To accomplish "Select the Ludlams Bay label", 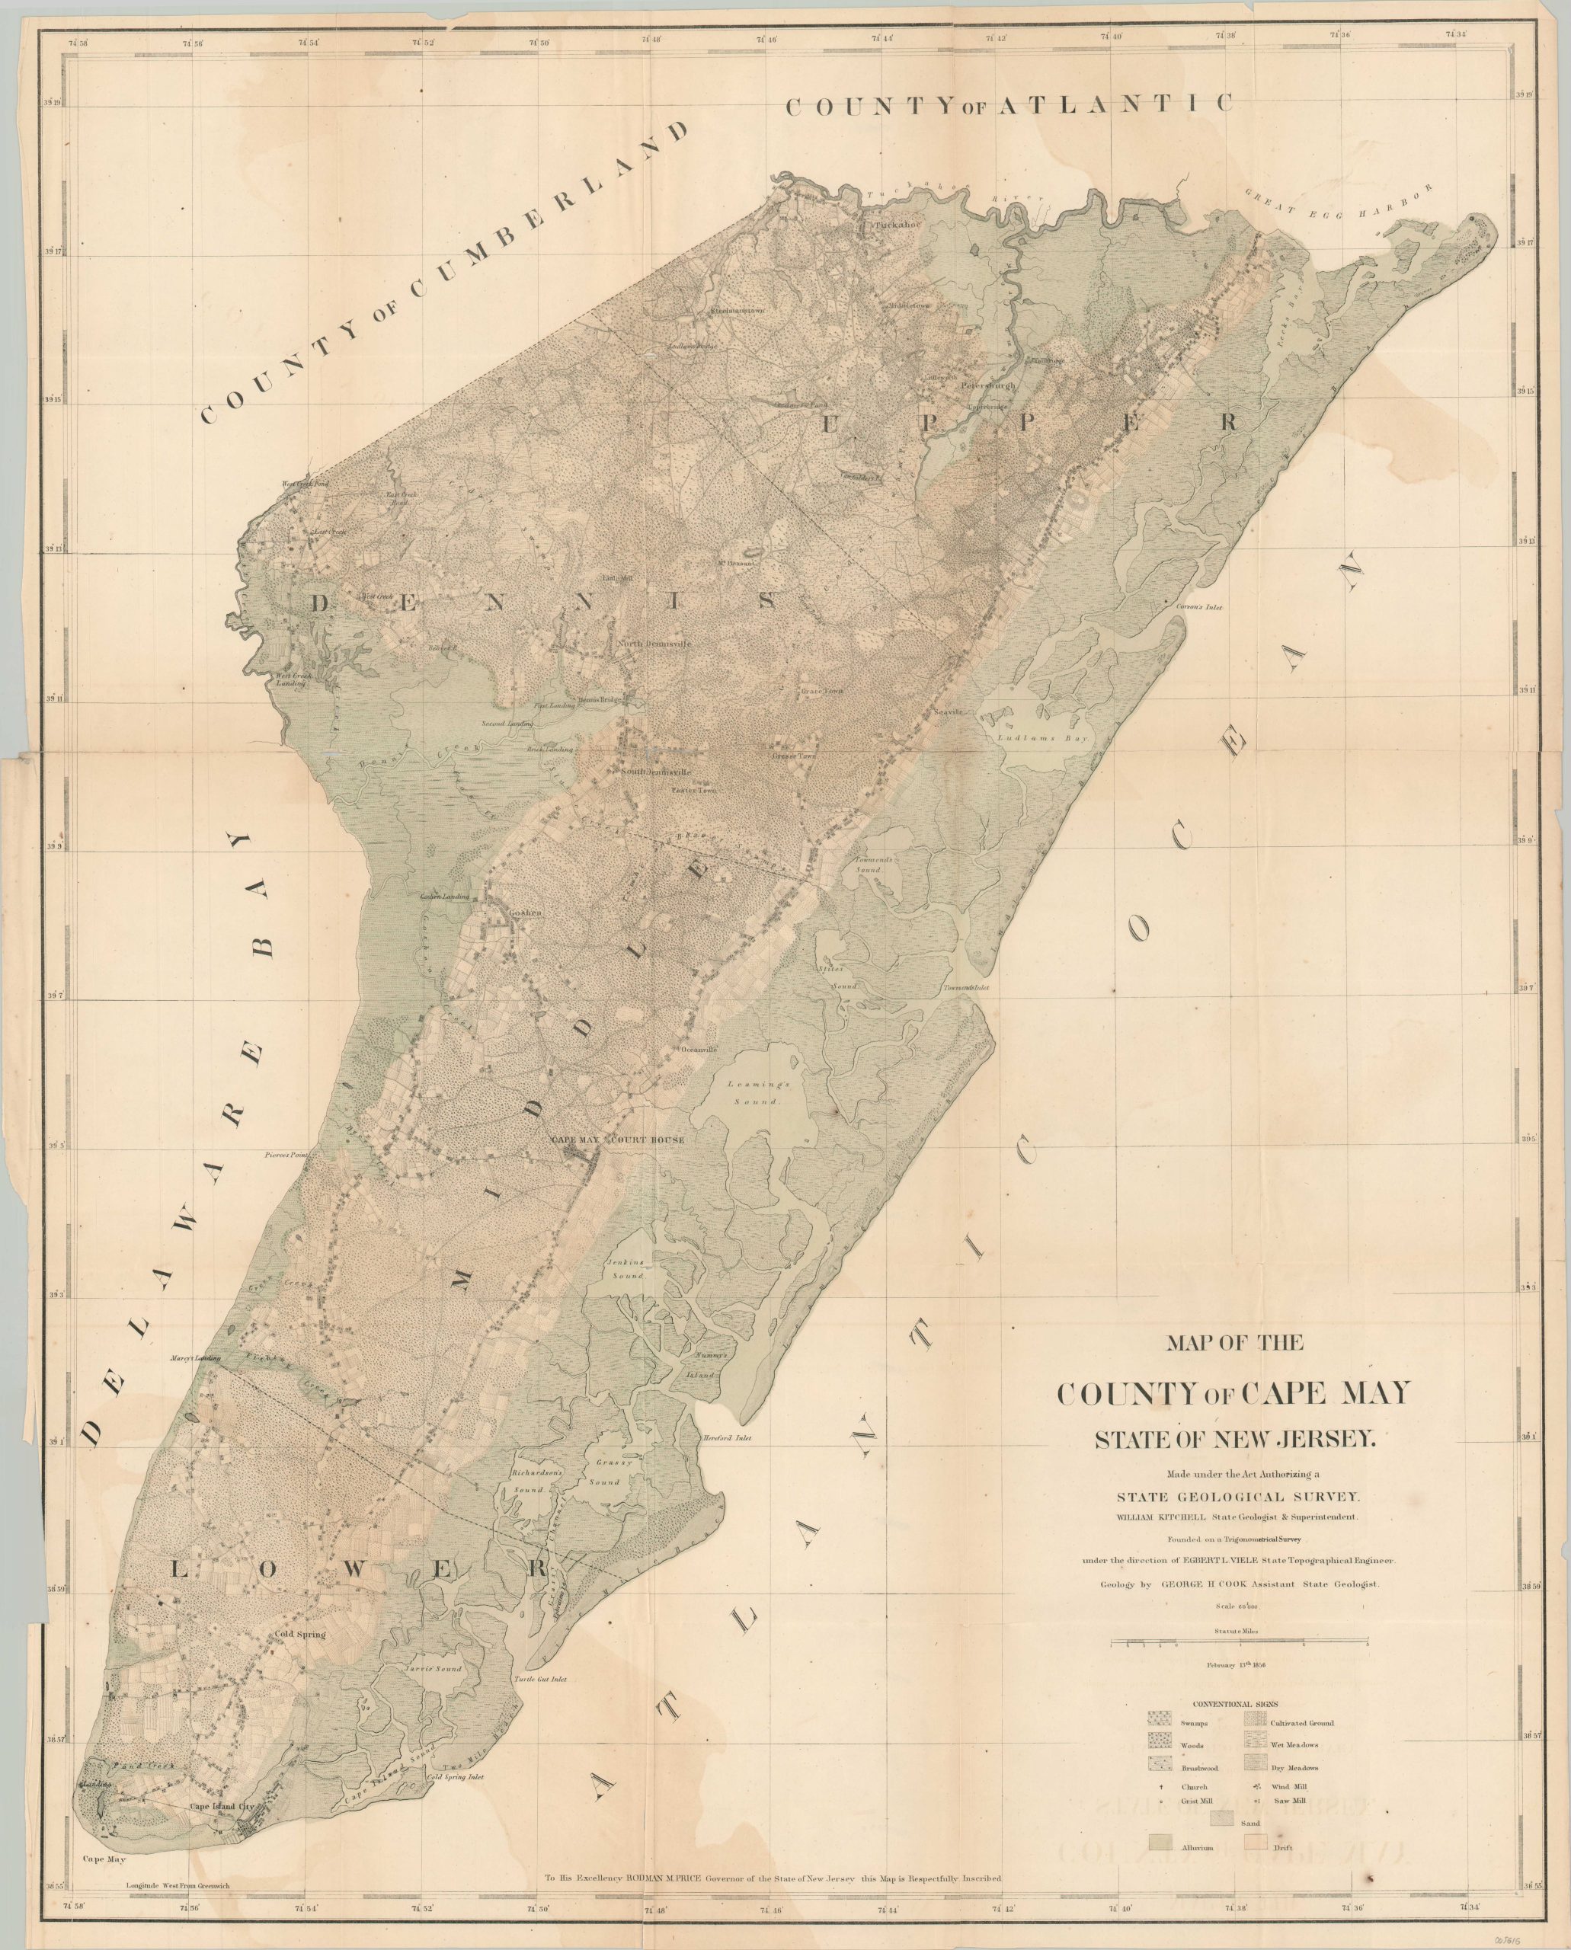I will (x=1045, y=737).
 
